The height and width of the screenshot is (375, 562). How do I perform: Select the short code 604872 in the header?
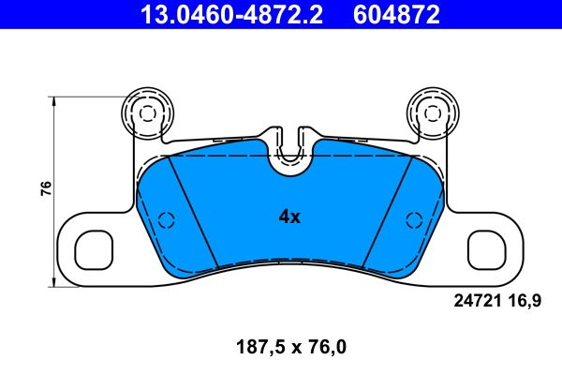(391, 14)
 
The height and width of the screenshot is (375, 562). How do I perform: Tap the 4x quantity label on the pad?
(289, 217)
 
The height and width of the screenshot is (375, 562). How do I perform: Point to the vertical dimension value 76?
(45, 187)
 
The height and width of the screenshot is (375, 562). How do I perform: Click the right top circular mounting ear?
(432, 112)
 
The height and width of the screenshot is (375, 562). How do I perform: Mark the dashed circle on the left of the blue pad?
(167, 220)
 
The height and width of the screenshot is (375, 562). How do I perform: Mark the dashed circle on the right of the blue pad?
(412, 220)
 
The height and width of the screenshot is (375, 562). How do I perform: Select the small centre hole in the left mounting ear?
(146, 112)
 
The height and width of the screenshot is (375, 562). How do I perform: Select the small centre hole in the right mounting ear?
(432, 112)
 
